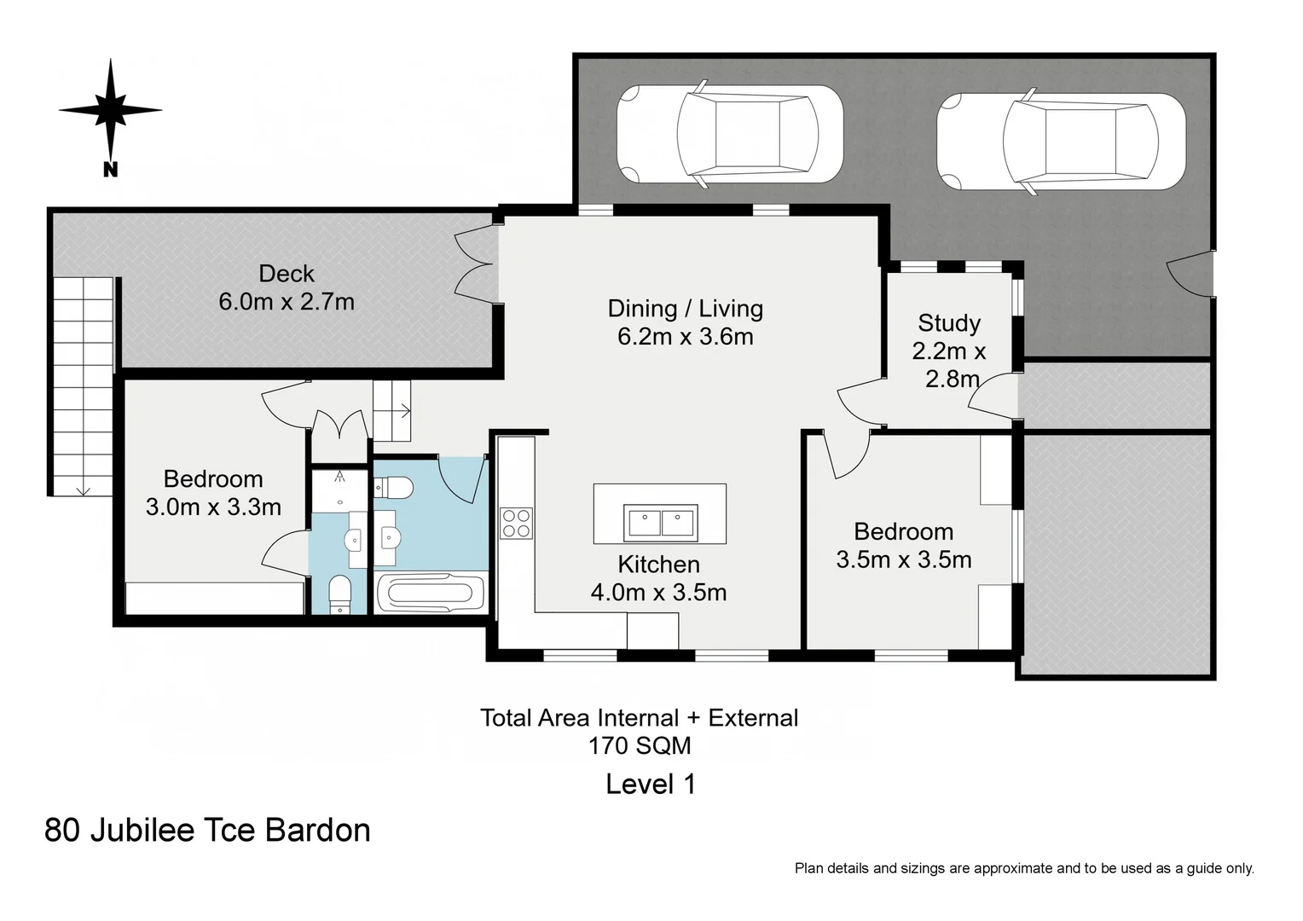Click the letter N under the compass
[x=111, y=170]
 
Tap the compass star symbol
[x=111, y=109]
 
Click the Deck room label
[x=287, y=274]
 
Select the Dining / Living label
[x=686, y=309]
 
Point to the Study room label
[x=949, y=323]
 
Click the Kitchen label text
[x=658, y=565]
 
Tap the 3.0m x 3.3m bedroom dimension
[x=213, y=507]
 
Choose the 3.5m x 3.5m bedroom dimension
[x=904, y=559]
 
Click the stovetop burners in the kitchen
[x=516, y=523]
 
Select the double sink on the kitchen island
[x=660, y=523]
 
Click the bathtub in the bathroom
[x=431, y=593]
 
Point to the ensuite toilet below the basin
[x=339, y=594]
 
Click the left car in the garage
[x=730, y=135]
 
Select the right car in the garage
[x=1061, y=142]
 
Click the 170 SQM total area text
[x=640, y=745]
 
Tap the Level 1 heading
[x=651, y=784]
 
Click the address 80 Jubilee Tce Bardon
[x=207, y=831]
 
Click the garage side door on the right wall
[x=1190, y=274]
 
